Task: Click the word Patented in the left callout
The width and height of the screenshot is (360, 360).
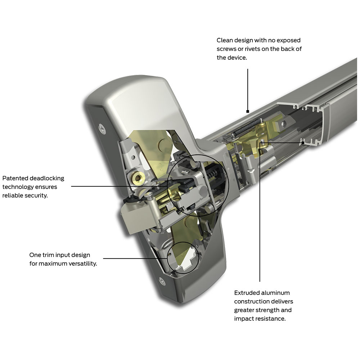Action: tap(14, 178)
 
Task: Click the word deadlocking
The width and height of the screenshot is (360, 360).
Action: tap(45, 178)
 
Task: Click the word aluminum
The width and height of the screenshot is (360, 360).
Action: tap(276, 293)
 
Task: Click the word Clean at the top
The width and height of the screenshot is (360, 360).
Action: tap(225, 40)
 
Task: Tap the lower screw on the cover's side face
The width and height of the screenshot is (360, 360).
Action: tap(163, 281)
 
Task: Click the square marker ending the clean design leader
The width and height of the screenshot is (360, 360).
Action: tap(248, 111)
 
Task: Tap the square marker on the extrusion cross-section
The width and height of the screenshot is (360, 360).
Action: tap(304, 143)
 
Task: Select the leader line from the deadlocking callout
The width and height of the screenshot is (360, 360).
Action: tap(119, 186)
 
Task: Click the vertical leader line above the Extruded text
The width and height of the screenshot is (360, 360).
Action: tap(260, 216)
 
